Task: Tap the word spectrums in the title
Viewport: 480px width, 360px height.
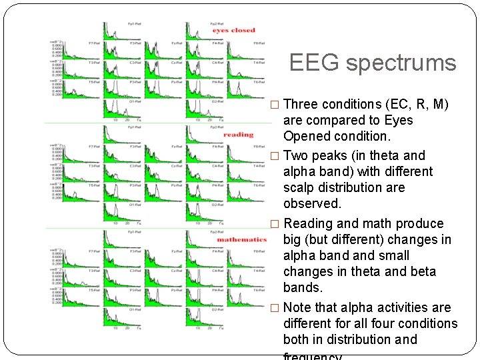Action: click(401, 63)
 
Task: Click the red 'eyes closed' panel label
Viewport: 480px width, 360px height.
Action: click(234, 30)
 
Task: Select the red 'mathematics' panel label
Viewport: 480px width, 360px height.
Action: click(241, 239)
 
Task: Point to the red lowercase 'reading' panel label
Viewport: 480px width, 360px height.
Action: click(238, 135)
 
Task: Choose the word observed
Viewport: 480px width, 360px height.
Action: click(311, 203)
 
